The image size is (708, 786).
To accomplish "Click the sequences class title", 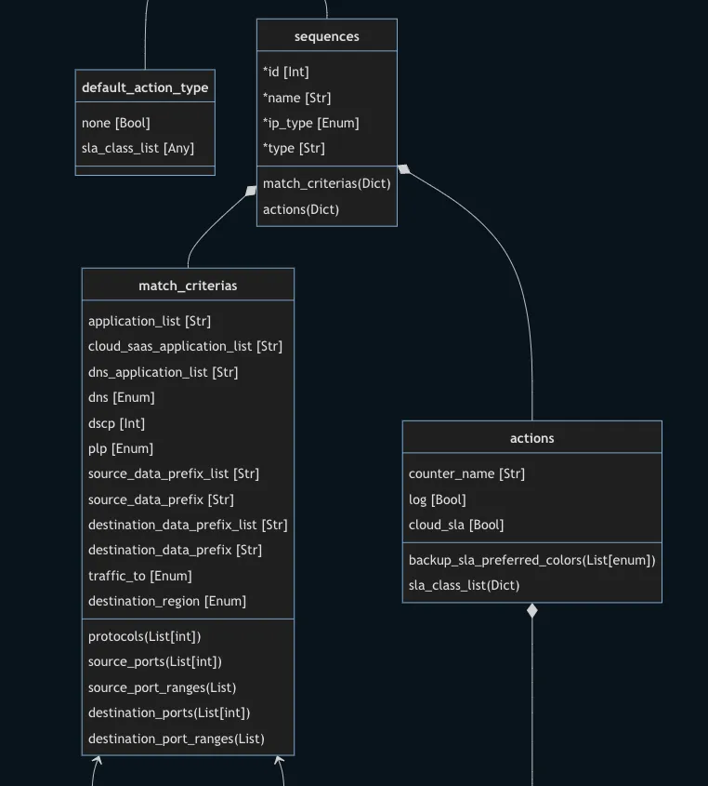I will pos(327,36).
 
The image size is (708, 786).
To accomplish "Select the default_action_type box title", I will pos(145,87).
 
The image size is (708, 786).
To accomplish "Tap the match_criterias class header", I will pos(188,286).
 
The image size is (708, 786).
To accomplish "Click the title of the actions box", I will pos(532,438).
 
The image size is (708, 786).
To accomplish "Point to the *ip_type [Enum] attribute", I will pos(311,123).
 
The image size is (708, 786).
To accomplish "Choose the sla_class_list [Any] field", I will pos(138,148).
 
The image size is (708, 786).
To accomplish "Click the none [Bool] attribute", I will pos(116,123).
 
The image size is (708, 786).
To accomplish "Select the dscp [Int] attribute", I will pos(116,423).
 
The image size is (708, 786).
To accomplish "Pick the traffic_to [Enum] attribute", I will pos(140,576).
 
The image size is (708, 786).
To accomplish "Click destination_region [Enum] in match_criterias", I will pos(167,601).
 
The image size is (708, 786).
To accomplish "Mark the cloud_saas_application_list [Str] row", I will pos(185,346).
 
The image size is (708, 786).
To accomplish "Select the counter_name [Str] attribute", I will pos(466,473).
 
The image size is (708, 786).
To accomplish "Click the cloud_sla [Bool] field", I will pos(456,525).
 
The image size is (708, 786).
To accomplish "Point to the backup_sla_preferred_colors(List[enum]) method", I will pos(532,560).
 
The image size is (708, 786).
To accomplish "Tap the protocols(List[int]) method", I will pos(145,636).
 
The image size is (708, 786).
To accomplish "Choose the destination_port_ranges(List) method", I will pos(177,739).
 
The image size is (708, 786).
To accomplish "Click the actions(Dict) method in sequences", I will pos(301,209).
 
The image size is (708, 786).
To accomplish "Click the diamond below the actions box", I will pos(532,611).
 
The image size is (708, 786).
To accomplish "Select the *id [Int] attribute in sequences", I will pos(286,72).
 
